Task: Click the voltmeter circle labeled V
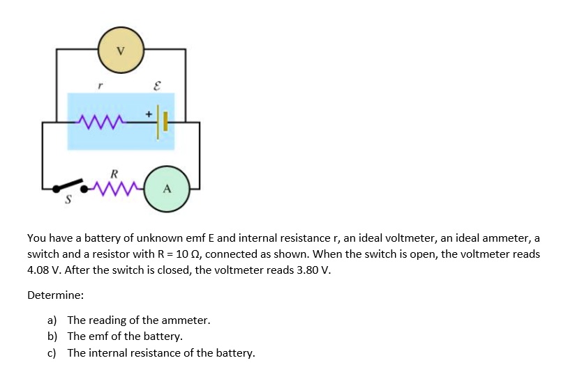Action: point(121,50)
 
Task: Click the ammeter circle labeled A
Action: point(166,188)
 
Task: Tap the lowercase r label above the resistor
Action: point(100,86)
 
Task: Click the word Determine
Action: point(55,295)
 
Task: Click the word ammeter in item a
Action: point(185,320)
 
